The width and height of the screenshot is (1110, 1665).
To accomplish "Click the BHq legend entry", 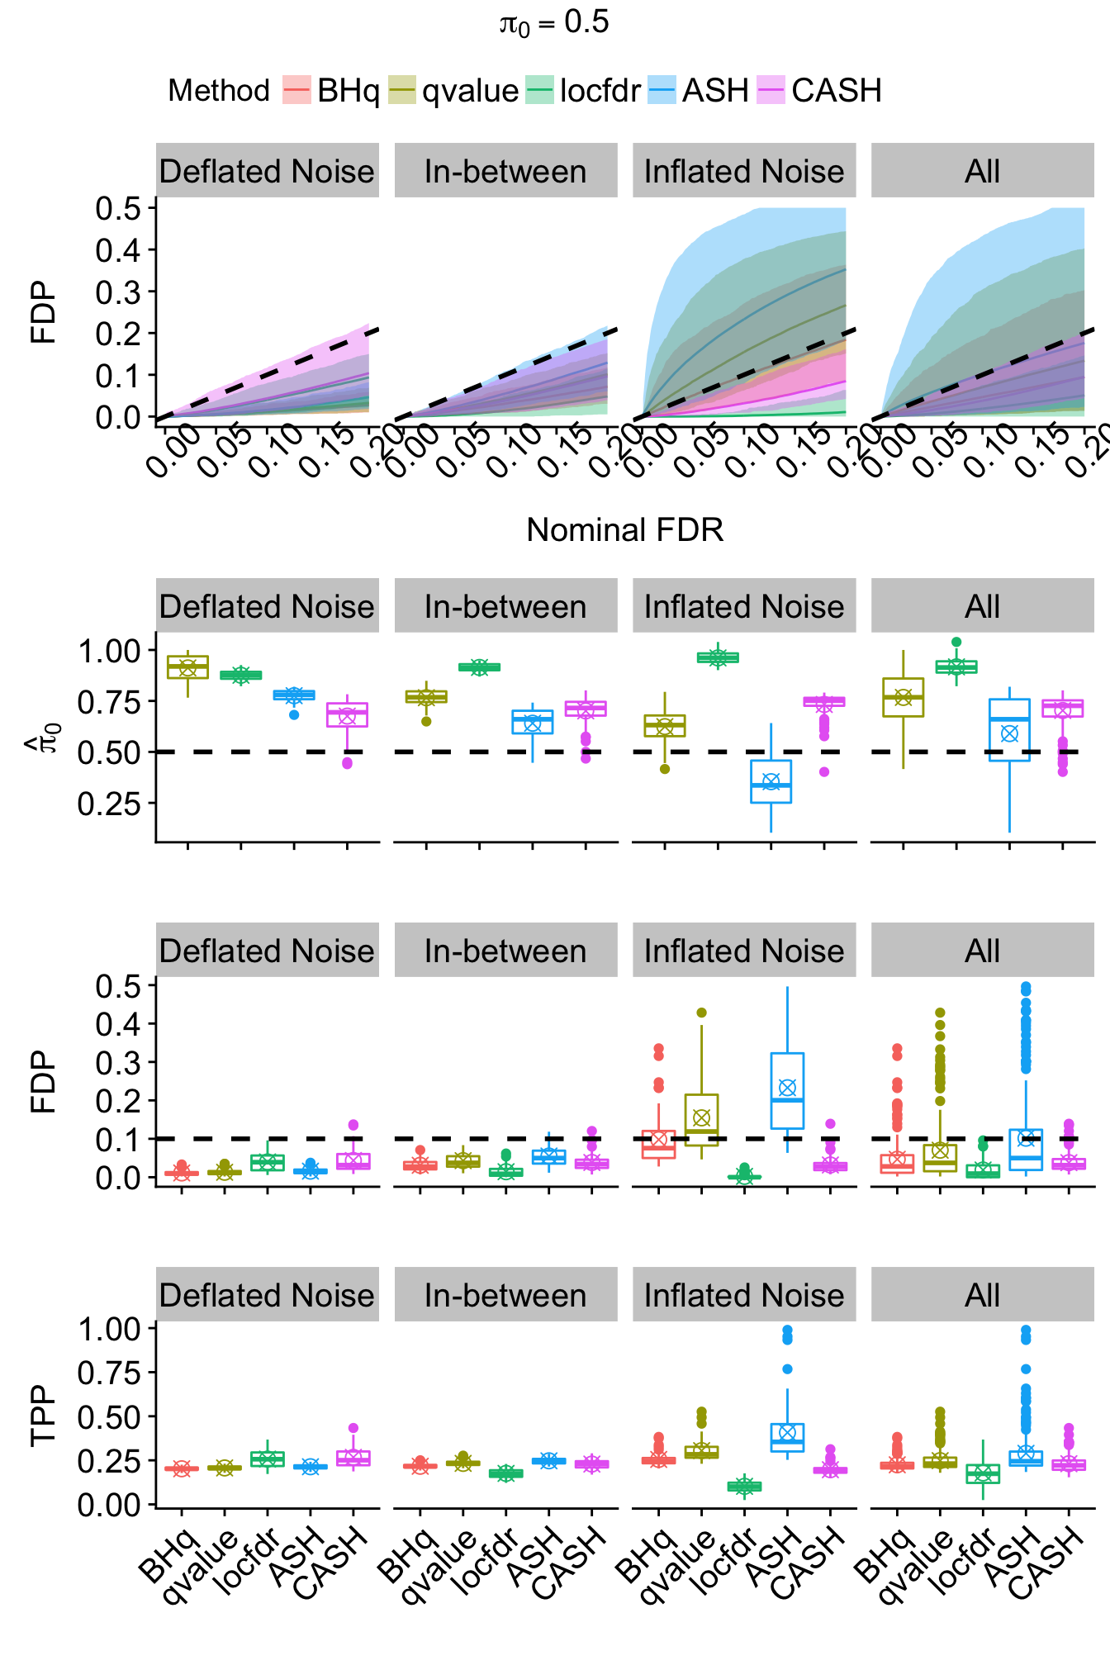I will pos(330,90).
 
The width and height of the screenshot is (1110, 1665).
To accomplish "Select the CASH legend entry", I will pos(819,90).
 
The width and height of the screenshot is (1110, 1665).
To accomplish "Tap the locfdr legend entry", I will pos(583,90).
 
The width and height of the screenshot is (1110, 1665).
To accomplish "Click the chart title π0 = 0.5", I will pos(554,23).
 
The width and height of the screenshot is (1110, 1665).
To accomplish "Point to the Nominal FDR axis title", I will pos(624,530).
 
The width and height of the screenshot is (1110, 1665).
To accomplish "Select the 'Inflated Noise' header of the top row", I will pos(743,171).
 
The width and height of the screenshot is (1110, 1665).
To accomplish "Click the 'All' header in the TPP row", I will pos(982,1295).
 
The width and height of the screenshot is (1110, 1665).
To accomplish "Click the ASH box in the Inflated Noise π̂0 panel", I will pos(771,781).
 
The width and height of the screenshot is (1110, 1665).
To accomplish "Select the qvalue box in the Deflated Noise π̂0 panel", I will pos(187,667).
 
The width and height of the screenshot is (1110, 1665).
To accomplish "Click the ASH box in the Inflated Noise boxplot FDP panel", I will pos(787,1090).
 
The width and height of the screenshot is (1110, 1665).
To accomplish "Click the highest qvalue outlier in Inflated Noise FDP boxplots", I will pos(701,1013).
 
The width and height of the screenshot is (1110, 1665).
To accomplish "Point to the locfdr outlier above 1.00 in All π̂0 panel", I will pos(956,642).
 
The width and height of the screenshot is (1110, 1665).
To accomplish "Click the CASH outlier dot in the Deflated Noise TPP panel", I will pos(353,1428).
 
